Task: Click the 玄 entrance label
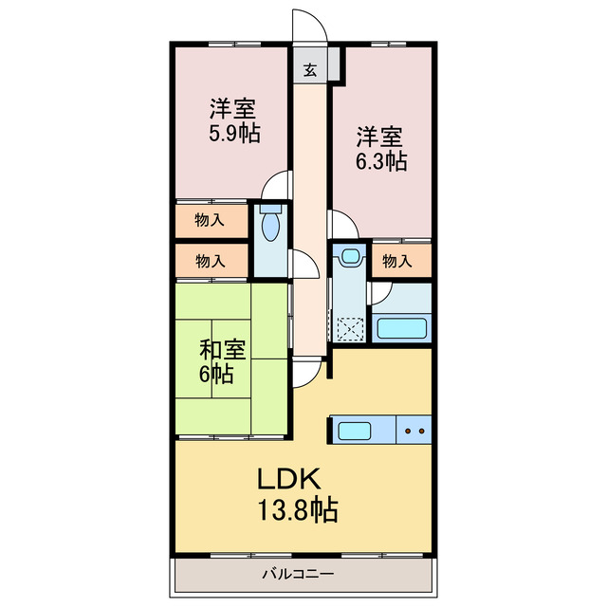pos(309,68)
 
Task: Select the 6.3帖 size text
pos(381,161)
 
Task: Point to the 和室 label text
pos(223,348)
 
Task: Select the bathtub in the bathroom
pos(403,329)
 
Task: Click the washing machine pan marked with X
pos(351,328)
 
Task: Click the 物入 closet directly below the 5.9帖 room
pos(210,221)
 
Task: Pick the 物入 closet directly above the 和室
pos(210,259)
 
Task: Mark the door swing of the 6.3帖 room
pos(341,224)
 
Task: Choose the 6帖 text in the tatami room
pos(216,373)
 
